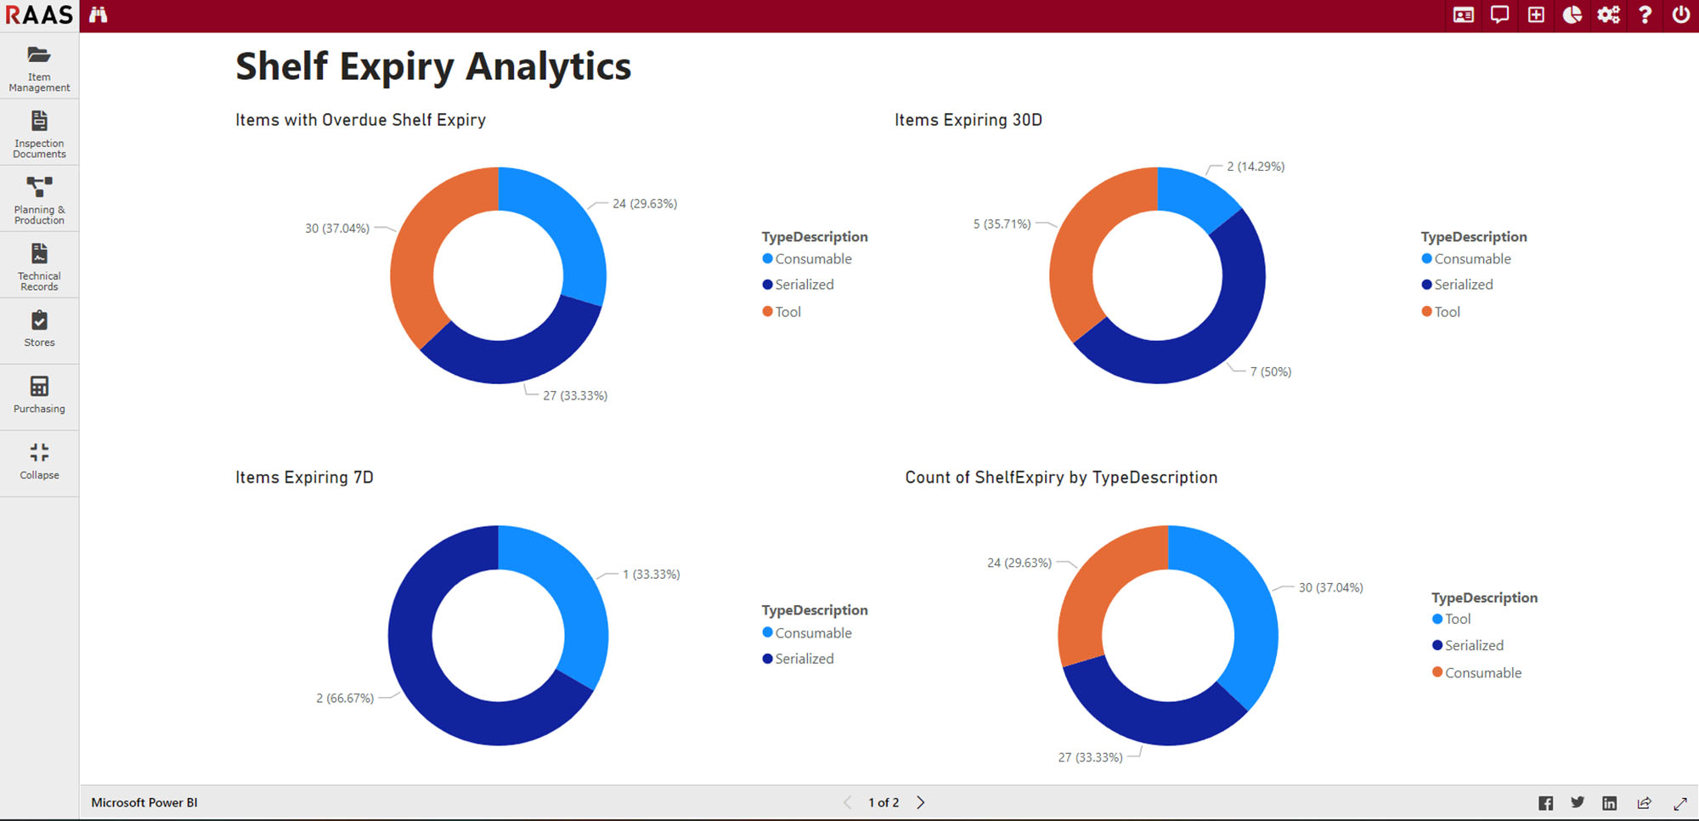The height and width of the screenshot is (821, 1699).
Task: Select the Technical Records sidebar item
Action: click(39, 265)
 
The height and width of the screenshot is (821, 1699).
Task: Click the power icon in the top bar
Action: click(1680, 14)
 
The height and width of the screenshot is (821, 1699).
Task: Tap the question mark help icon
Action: click(1645, 14)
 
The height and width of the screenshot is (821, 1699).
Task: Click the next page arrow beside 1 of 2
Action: click(921, 802)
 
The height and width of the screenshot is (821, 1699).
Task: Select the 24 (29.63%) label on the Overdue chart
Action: click(645, 204)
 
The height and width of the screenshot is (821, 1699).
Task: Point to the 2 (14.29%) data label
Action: click(1256, 167)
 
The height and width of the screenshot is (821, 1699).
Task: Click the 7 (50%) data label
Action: click(1270, 372)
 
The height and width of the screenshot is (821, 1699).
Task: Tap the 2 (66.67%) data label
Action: click(345, 699)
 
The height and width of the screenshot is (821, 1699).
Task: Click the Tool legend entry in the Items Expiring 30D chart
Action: click(1447, 312)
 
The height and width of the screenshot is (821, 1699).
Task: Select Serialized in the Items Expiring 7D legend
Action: click(804, 659)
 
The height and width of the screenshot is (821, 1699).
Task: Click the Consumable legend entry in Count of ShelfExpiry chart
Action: click(1482, 673)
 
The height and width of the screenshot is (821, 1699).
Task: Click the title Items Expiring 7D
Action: click(304, 478)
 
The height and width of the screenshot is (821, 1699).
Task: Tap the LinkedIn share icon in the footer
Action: click(1609, 803)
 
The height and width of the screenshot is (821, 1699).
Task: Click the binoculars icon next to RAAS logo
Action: click(99, 14)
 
